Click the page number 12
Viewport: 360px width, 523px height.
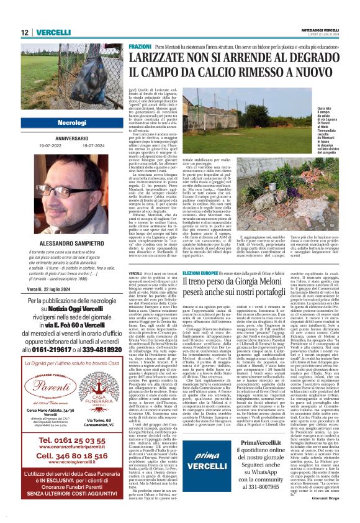pos(25,32)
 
